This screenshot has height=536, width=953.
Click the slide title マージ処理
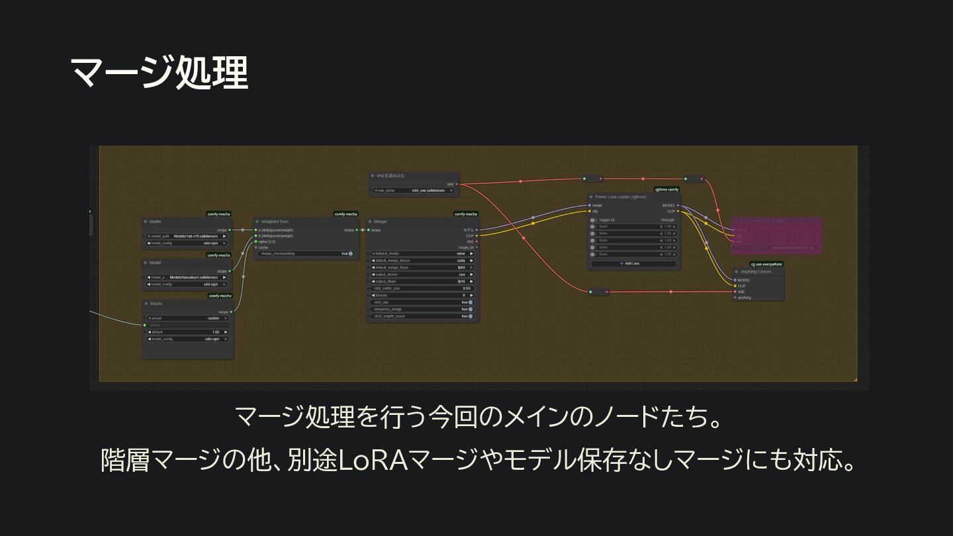pyautogui.click(x=159, y=73)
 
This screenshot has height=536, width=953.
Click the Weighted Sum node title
pyautogui.click(x=275, y=222)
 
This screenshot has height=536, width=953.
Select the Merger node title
pyautogui.click(x=381, y=222)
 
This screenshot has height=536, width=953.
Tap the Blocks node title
pyautogui.click(x=156, y=304)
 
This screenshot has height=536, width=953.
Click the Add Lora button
pyautogui.click(x=633, y=263)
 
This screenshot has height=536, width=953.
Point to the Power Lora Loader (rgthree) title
pyautogui.click(x=620, y=197)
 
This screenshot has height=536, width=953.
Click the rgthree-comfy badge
pyautogui.click(x=666, y=189)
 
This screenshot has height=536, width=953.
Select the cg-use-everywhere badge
pyautogui.click(x=766, y=264)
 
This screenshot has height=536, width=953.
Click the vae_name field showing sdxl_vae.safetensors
pyautogui.click(x=414, y=191)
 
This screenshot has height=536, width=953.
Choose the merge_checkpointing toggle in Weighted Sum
pyautogui.click(x=305, y=253)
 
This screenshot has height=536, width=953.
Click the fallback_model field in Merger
pyautogui.click(x=422, y=253)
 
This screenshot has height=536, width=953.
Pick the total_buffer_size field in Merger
pyautogui.click(x=422, y=289)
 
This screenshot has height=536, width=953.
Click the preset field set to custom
pyautogui.click(x=188, y=318)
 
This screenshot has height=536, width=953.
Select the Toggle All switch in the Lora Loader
pyautogui.click(x=593, y=220)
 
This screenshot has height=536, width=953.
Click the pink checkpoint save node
pyautogui.click(x=776, y=235)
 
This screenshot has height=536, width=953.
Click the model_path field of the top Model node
pyautogui.click(x=188, y=236)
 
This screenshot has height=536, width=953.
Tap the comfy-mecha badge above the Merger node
pyautogui.click(x=466, y=214)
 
